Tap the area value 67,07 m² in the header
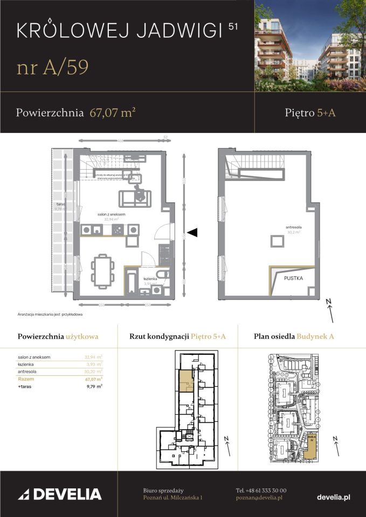tap(112, 113)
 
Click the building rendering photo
tap(310, 45)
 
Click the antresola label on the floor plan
tap(293, 228)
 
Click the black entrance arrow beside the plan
tap(192, 232)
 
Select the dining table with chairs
tap(102, 270)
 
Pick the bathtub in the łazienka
tap(132, 283)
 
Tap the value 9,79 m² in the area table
tap(94, 386)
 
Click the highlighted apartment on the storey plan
tap(185, 380)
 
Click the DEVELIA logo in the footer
tap(60, 494)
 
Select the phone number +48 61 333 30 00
tap(261, 490)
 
